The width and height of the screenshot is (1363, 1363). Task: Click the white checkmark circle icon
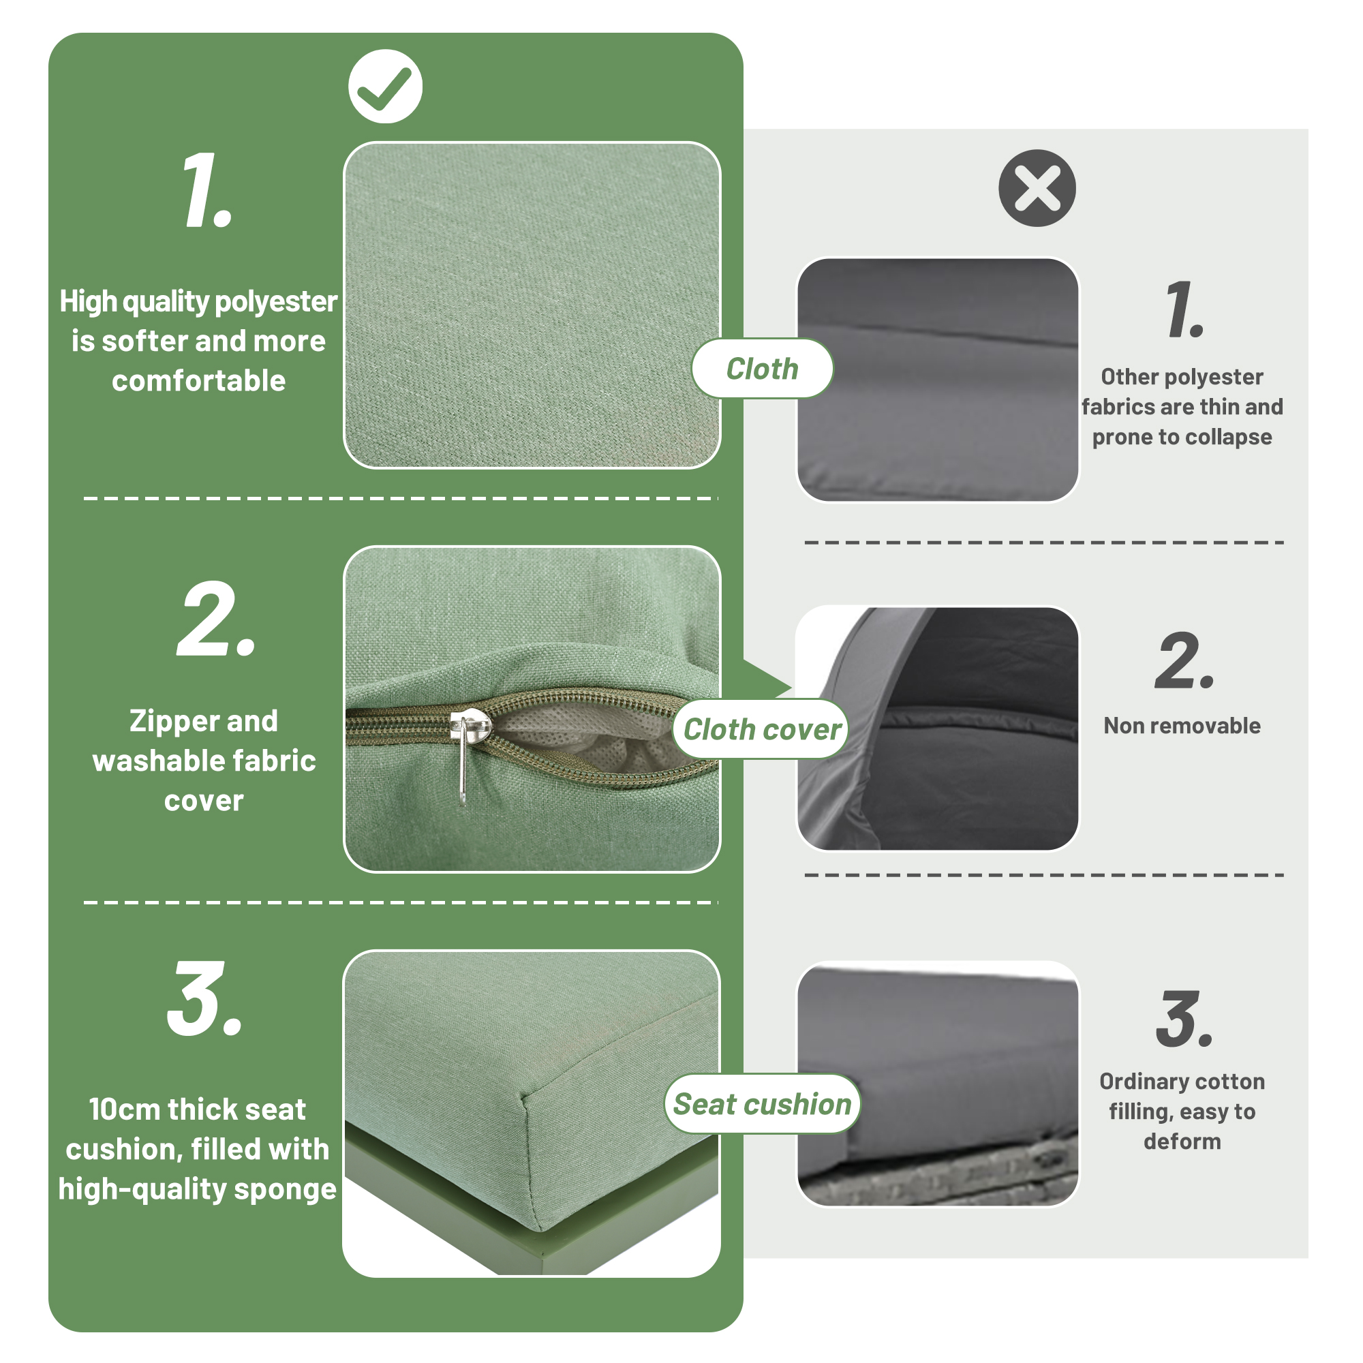[x=385, y=87]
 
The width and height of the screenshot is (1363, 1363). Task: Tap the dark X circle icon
[x=1037, y=187]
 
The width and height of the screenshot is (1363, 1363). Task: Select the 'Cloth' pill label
[x=762, y=369]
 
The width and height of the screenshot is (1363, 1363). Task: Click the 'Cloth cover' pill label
[x=762, y=729]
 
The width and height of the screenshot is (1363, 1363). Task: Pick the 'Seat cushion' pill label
[x=762, y=1104]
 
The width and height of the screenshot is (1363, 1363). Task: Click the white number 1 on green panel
[x=206, y=191]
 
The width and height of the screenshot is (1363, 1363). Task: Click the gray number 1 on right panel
[x=1185, y=308]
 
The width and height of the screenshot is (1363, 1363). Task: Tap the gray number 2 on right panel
[x=1184, y=660]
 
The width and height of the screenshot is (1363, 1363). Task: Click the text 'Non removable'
[x=1182, y=725]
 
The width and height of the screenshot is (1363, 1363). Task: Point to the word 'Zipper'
[x=172, y=722]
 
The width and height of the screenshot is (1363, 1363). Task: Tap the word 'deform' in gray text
[x=1182, y=1142]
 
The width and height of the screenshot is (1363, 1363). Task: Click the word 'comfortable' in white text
[x=199, y=382]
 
